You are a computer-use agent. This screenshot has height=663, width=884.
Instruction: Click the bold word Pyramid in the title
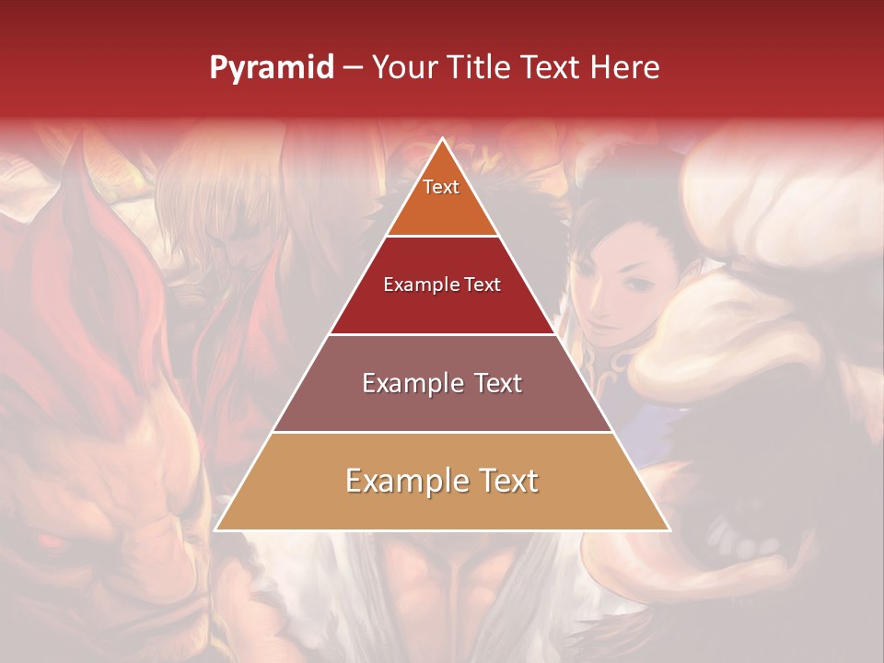point(272,68)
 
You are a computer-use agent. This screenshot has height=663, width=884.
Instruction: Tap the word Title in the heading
point(482,68)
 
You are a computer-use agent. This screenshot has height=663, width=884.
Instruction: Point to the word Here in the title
point(625,68)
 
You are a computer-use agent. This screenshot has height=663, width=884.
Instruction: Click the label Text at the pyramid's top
point(441,187)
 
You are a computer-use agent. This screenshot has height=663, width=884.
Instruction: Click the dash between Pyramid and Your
point(353,68)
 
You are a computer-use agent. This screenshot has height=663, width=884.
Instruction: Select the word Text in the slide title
point(550,68)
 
